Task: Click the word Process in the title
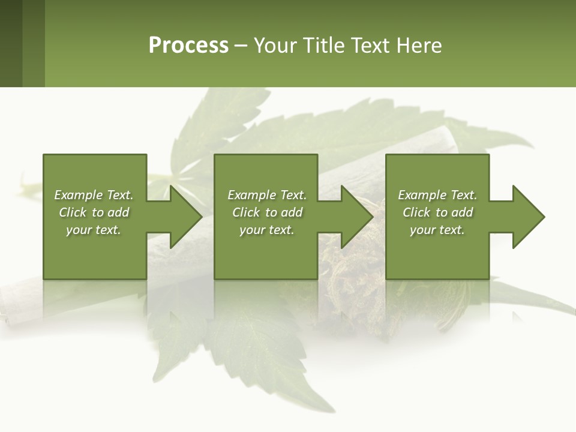point(188,46)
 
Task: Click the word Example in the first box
point(78,195)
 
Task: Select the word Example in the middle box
point(251,195)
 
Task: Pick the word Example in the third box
point(422,195)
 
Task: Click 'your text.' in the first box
point(94,230)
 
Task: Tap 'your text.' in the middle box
point(267,230)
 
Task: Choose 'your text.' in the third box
point(437,230)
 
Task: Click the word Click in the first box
point(73,212)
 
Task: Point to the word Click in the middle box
point(246,212)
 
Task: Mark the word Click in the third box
point(416,212)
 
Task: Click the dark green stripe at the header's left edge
point(11,43)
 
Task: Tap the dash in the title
point(241,46)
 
